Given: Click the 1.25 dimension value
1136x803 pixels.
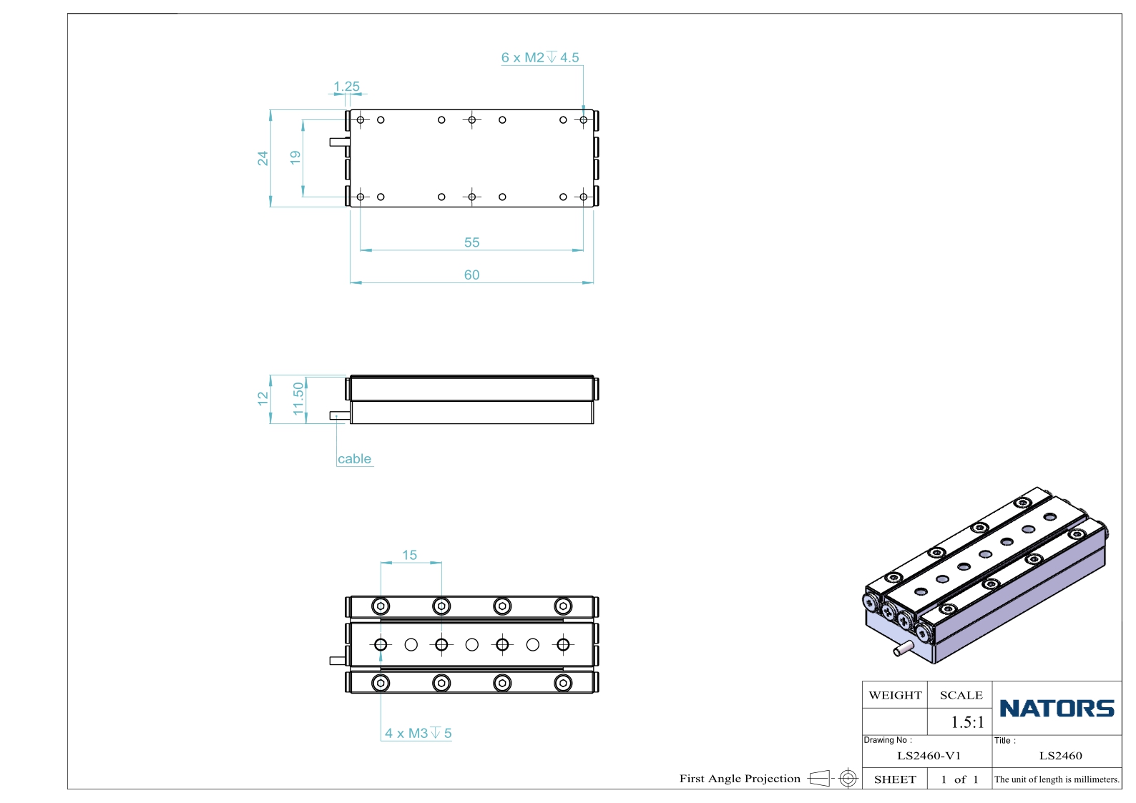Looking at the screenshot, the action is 346,87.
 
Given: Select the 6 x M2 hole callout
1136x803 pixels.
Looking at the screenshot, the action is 540,57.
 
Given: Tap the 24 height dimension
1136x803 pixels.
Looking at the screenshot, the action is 263,158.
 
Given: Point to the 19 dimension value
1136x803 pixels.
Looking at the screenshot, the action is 295,157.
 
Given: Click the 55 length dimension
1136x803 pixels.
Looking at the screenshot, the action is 471,242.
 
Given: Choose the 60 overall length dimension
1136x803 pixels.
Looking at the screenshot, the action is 471,275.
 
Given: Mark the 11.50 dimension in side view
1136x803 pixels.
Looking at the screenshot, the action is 299,399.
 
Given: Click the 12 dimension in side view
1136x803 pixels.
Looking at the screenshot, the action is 263,399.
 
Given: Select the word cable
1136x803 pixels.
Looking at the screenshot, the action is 355,459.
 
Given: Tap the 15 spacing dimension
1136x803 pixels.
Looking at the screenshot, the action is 410,555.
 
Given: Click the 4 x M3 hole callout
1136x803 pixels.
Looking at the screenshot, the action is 418,733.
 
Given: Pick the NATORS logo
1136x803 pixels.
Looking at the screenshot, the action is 1057,708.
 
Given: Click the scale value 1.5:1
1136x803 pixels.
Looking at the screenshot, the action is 967,722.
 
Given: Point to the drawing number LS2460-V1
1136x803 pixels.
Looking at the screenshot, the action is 929,756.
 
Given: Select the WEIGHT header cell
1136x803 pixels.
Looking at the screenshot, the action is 895,695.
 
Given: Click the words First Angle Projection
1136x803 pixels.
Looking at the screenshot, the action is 740,779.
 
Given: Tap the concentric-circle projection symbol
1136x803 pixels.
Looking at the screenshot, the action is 848,778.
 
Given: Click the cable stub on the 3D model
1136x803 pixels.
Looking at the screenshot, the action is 904,649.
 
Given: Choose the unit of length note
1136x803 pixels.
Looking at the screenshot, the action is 1057,779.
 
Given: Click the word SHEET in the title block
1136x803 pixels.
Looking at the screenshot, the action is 895,779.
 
